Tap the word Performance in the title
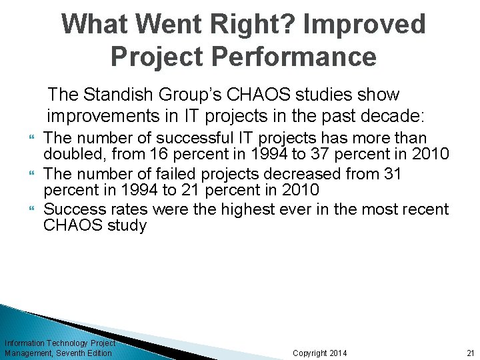[x=283, y=57]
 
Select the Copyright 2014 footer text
[x=319, y=353]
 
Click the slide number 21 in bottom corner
[x=470, y=353]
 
